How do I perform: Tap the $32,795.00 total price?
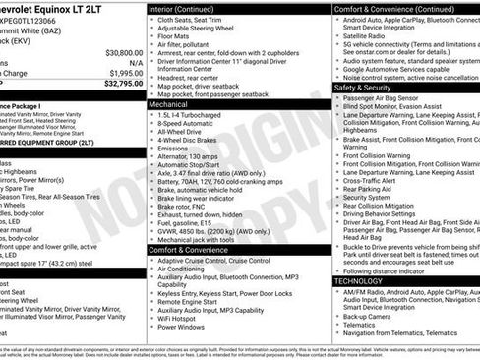tap(123, 84)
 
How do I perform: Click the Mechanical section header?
tap(168, 102)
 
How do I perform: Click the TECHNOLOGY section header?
tap(358, 281)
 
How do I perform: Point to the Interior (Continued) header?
tap(183, 8)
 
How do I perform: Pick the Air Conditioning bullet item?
tap(186, 269)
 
